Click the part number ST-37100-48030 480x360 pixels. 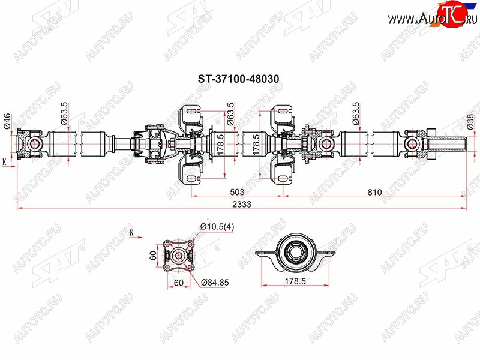point(238,79)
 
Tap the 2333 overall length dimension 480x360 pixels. point(242,204)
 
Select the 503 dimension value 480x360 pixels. point(237,192)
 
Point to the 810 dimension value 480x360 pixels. point(374,192)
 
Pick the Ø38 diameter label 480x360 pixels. point(470,122)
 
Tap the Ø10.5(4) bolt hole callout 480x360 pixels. point(217,227)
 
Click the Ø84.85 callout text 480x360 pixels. point(215,282)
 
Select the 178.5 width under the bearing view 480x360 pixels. point(295,281)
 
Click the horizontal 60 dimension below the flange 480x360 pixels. point(178,282)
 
